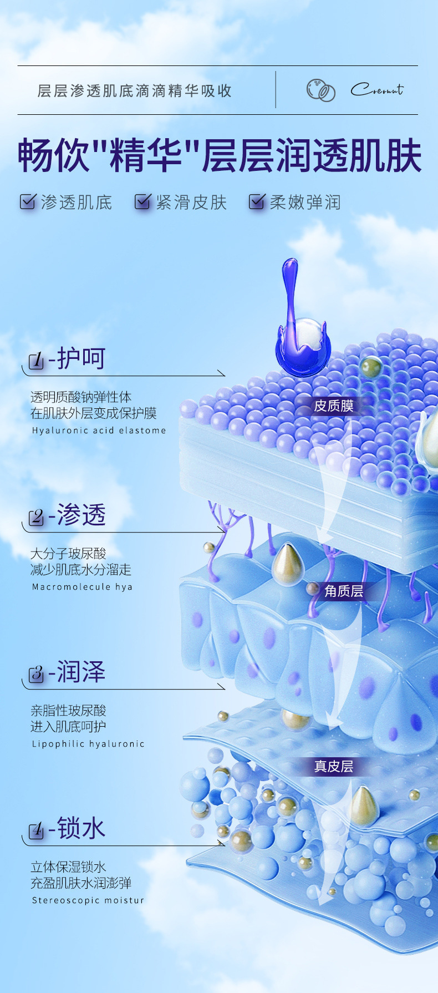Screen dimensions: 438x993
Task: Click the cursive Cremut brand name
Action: click(377, 89)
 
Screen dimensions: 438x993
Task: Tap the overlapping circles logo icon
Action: click(321, 90)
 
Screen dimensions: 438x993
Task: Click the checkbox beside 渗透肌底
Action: click(28, 201)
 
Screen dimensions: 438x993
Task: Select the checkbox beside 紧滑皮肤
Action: click(142, 201)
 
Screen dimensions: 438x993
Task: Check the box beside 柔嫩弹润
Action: click(257, 201)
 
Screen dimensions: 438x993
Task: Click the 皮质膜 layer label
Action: click(333, 406)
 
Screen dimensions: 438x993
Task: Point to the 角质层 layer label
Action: click(344, 591)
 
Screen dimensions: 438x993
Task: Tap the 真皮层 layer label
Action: click(333, 767)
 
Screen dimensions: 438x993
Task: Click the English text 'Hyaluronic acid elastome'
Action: click(99, 430)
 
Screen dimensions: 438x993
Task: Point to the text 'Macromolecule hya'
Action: click(82, 587)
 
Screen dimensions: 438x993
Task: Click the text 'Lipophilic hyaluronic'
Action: click(88, 744)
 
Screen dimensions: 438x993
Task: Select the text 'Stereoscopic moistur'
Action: click(88, 900)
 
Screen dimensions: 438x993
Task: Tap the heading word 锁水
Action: click(81, 829)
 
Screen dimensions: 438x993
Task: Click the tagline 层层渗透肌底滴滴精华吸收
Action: click(134, 91)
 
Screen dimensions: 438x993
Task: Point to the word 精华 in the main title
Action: click(146, 156)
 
